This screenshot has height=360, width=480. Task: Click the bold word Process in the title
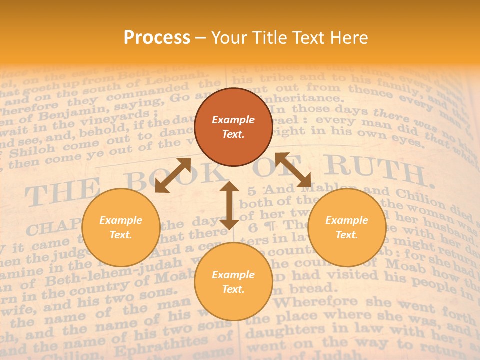[157, 38]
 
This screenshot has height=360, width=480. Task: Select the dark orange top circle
[233, 127]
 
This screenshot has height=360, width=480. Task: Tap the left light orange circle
[121, 227]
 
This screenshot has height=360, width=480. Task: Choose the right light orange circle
[347, 227]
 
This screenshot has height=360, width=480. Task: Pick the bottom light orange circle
[233, 282]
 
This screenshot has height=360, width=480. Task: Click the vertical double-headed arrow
[229, 205]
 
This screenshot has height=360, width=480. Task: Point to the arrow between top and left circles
[173, 175]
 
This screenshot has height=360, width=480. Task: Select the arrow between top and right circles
[293, 170]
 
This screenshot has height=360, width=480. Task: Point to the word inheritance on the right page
[305, 99]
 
